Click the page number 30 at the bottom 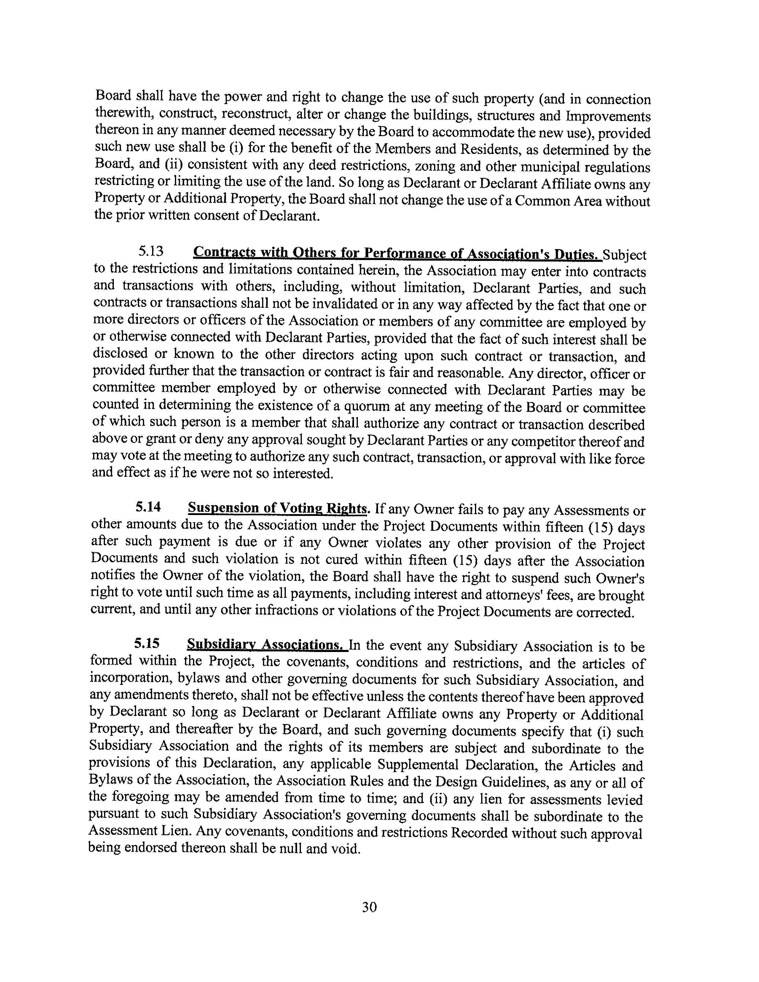pyautogui.click(x=369, y=907)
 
